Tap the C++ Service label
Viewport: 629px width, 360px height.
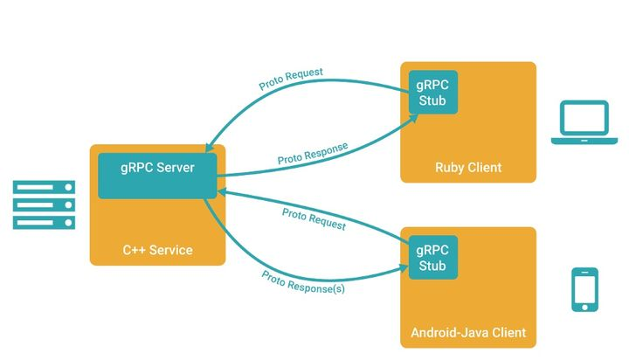click(x=157, y=250)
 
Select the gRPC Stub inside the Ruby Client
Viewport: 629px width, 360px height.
click(x=432, y=93)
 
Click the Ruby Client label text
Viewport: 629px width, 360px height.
click(x=468, y=167)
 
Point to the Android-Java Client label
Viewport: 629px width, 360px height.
click(x=467, y=333)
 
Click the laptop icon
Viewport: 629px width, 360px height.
click(x=583, y=122)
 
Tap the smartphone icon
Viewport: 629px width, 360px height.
click(x=584, y=289)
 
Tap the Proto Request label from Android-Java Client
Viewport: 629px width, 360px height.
click(x=314, y=218)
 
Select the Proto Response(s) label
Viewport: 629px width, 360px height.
click(x=302, y=281)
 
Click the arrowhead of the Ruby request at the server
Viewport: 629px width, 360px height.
click(x=209, y=150)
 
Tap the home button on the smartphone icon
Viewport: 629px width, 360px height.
click(x=584, y=305)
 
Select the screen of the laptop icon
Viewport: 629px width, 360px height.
click(x=583, y=117)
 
